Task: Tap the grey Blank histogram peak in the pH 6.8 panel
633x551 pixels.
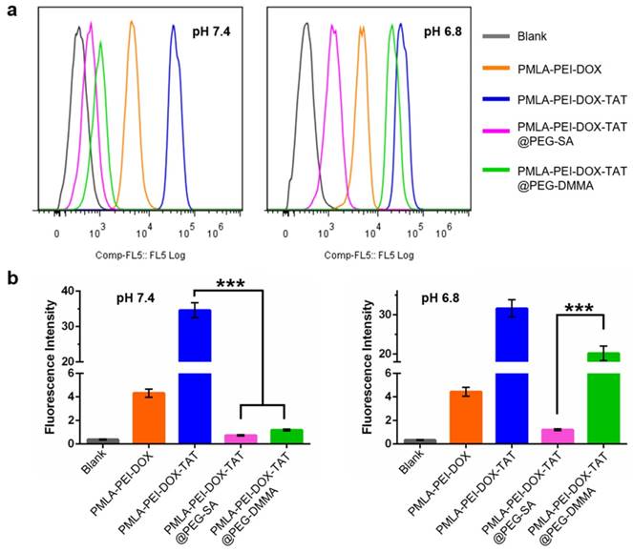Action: point(306,27)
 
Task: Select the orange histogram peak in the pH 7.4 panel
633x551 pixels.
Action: point(133,27)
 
